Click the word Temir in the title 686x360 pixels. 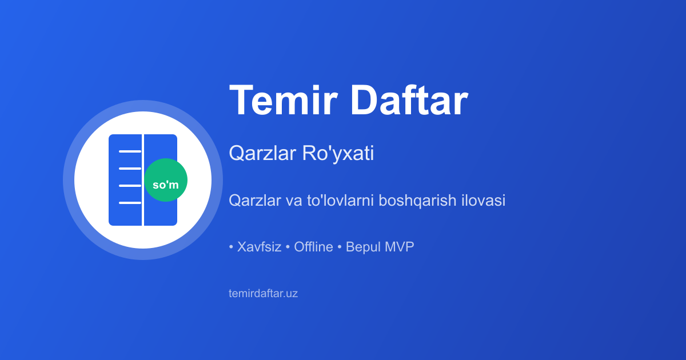pyautogui.click(x=284, y=100)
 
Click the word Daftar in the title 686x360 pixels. pyautogui.click(x=409, y=99)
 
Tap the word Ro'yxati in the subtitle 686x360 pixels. pyautogui.click(x=338, y=153)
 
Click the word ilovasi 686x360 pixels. pyautogui.click(x=483, y=200)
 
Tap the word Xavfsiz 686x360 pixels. pyautogui.click(x=259, y=247)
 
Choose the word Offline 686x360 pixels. pyautogui.click(x=313, y=247)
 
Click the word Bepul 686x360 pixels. pyautogui.click(x=363, y=247)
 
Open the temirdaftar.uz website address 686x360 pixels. pyautogui.click(x=263, y=293)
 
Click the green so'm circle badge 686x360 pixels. pyautogui.click(x=166, y=180)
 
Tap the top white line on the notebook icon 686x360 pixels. pyautogui.click(x=130, y=151)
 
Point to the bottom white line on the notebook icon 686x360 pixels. pyautogui.click(x=130, y=203)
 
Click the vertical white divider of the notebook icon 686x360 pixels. pyautogui.click(x=143, y=180)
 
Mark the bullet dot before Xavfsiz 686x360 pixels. pyautogui.click(x=231, y=247)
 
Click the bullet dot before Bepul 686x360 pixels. pyautogui.click(x=340, y=247)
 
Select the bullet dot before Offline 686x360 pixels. pyautogui.click(x=288, y=247)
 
